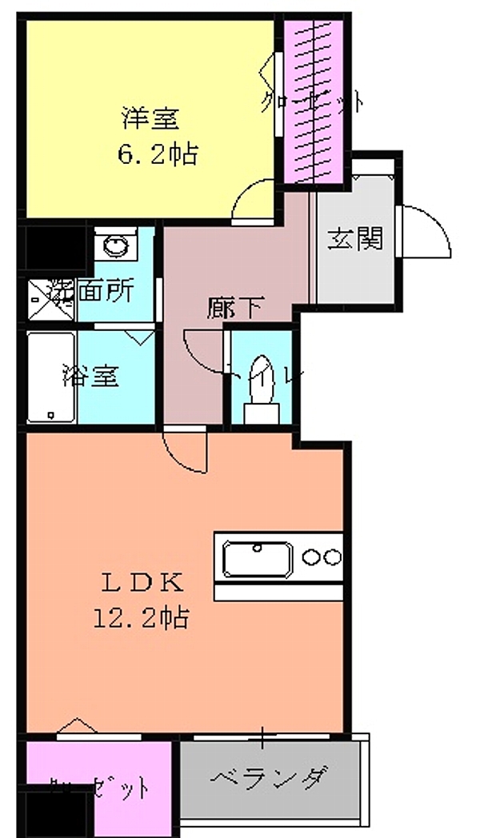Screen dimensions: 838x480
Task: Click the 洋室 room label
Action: click(x=150, y=119)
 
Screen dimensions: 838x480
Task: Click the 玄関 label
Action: click(x=354, y=237)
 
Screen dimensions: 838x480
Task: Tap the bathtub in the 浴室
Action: click(x=52, y=378)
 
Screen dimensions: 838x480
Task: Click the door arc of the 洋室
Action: click(x=254, y=200)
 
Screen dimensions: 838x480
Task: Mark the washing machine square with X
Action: click(x=50, y=299)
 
